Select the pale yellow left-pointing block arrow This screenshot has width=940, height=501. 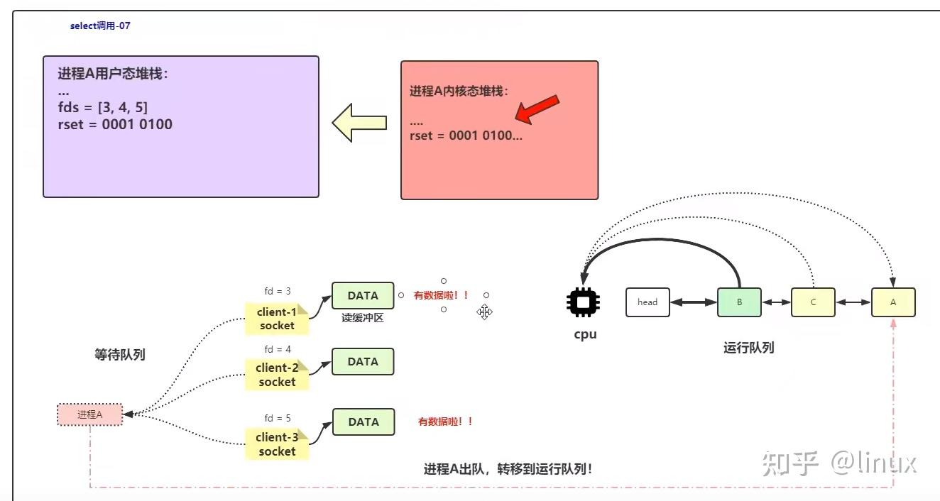pyautogui.click(x=359, y=123)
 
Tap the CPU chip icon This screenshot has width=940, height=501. pyautogui.click(x=583, y=302)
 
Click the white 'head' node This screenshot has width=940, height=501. pyautogui.click(x=647, y=302)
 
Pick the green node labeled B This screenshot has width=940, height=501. pyautogui.click(x=739, y=302)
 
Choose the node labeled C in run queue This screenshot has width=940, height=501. pyautogui.click(x=813, y=302)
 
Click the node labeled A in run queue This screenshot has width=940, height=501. pyautogui.click(x=893, y=302)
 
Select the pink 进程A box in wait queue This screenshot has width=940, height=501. pyautogui.click(x=90, y=414)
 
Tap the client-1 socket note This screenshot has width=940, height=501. pyautogui.click(x=277, y=319)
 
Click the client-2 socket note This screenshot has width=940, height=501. pyautogui.click(x=277, y=375)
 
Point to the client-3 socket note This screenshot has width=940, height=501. pyautogui.click(x=277, y=444)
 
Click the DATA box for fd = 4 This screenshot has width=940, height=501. pyautogui.click(x=363, y=362)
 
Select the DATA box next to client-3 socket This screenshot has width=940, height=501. pyautogui.click(x=364, y=422)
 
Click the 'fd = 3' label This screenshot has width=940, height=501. pyautogui.click(x=278, y=292)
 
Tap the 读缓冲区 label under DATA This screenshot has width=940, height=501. pyautogui.click(x=363, y=319)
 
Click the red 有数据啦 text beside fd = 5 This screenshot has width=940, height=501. pyautogui.click(x=445, y=422)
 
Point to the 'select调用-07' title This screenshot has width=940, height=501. pyautogui.click(x=100, y=26)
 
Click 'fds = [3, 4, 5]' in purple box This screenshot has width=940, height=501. pyautogui.click(x=103, y=108)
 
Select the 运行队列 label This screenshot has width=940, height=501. pyautogui.click(x=748, y=348)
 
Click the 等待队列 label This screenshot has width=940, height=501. pyautogui.click(x=120, y=355)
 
